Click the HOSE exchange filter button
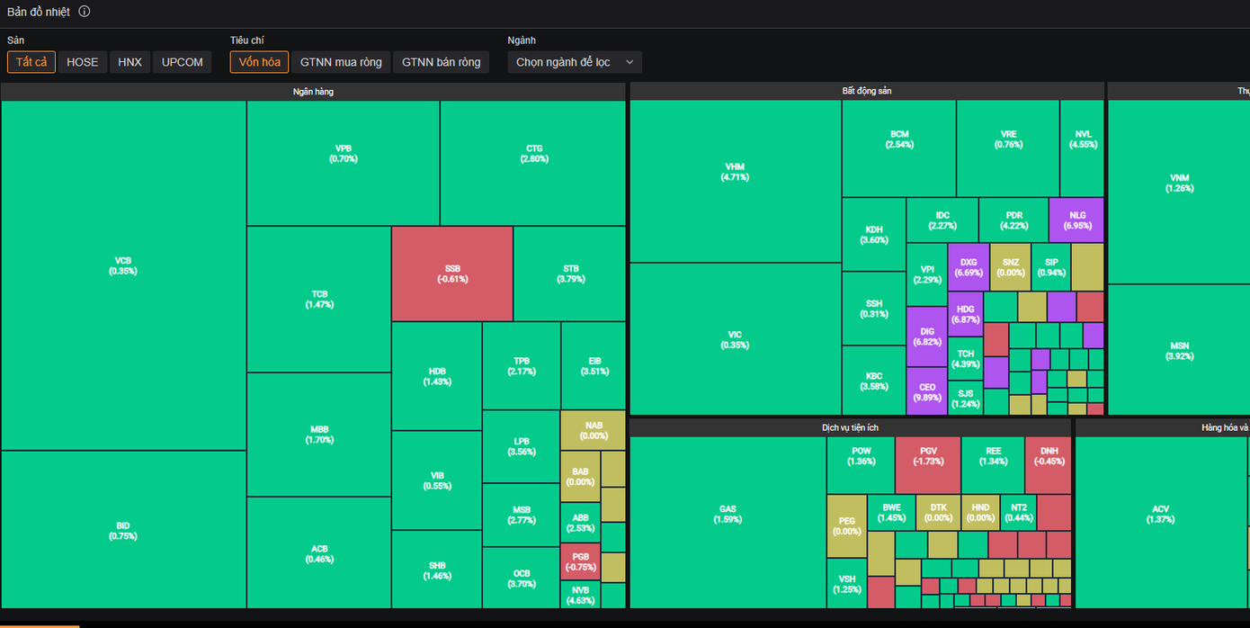(x=82, y=62)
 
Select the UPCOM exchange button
(x=182, y=62)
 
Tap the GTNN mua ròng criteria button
(x=341, y=62)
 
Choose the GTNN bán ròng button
(x=441, y=62)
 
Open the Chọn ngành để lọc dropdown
(x=574, y=62)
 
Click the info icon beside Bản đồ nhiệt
(x=85, y=12)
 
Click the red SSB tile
(x=451, y=274)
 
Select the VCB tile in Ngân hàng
(x=123, y=265)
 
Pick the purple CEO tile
(x=927, y=391)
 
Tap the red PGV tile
(x=928, y=455)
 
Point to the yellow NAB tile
(x=593, y=430)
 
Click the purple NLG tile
(x=1077, y=220)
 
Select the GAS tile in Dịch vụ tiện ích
(x=728, y=514)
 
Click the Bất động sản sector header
(x=867, y=91)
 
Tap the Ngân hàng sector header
(x=313, y=92)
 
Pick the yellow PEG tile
(x=846, y=525)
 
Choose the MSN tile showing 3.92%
(x=1179, y=350)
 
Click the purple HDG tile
(x=965, y=314)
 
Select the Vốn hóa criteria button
(x=259, y=62)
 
